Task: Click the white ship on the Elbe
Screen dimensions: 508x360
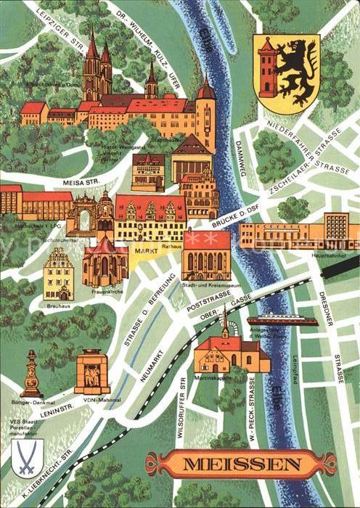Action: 282,320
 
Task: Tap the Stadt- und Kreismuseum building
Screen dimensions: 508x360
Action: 207,255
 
